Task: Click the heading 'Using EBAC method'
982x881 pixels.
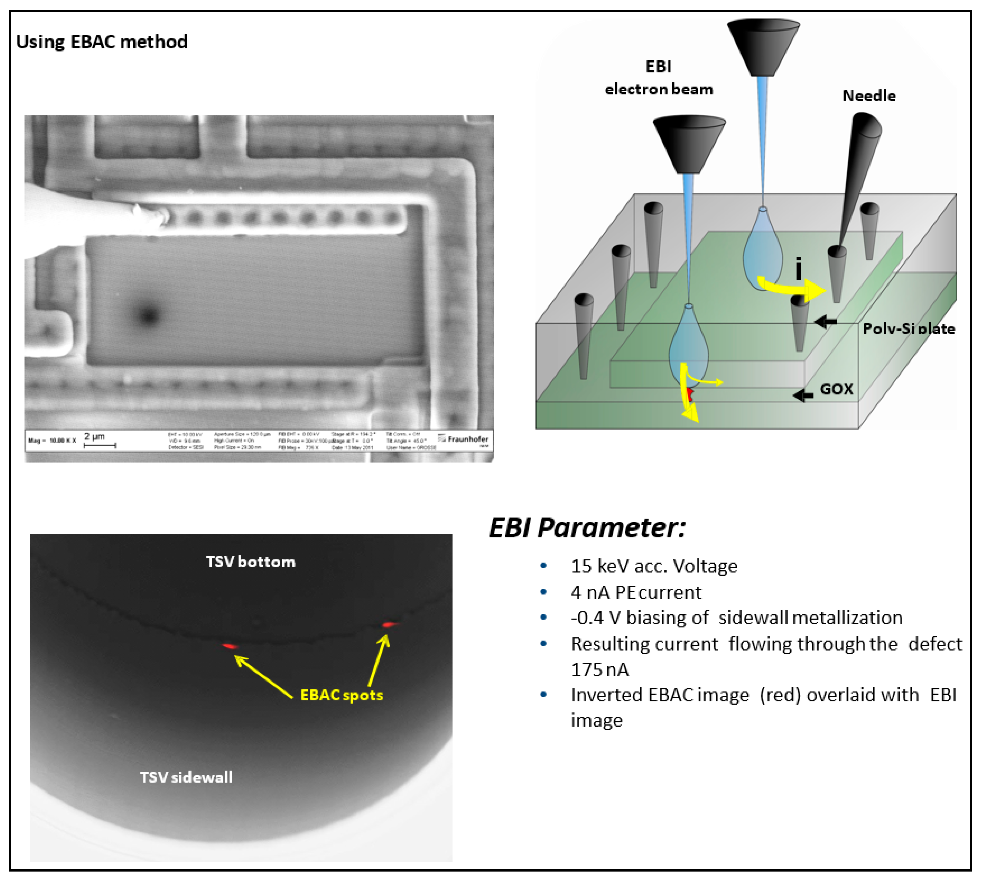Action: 102,42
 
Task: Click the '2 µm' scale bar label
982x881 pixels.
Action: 94,437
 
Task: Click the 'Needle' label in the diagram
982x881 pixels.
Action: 869,96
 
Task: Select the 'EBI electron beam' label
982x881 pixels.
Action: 659,78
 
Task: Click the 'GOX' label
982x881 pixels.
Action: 836,389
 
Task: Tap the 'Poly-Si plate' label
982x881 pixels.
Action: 908,329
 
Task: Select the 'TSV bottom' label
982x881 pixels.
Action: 250,561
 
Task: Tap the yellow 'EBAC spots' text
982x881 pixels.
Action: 342,695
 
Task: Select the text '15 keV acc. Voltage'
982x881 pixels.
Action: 654,566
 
